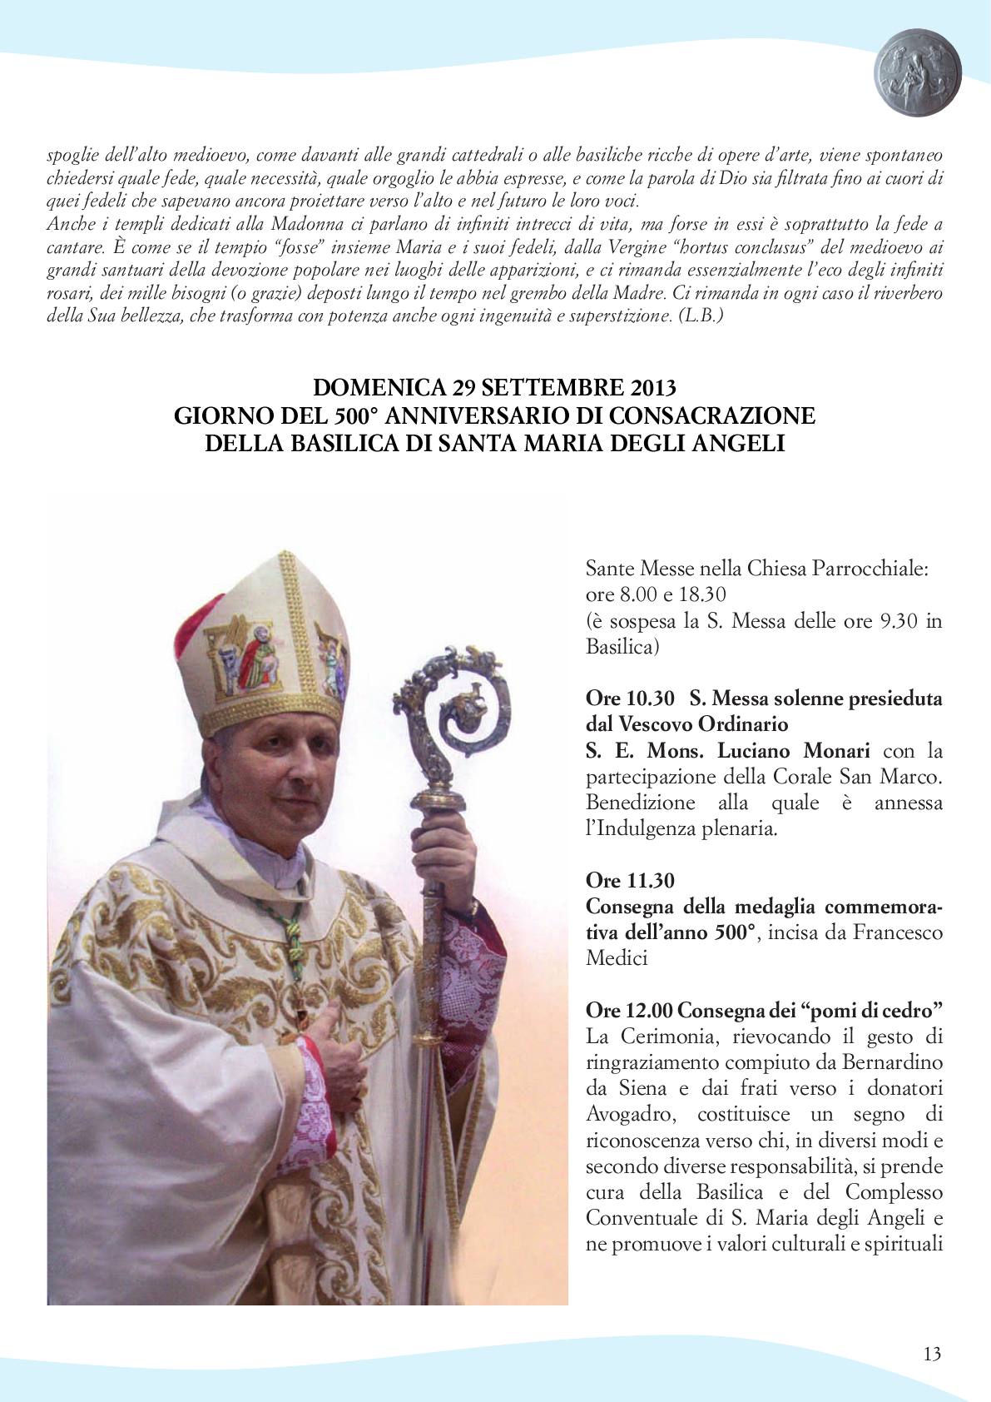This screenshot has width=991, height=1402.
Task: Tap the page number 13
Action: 932,1354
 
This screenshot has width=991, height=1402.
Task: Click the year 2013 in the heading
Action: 653,387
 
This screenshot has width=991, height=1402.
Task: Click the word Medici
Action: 617,958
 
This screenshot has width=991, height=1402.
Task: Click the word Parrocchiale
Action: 876,569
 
